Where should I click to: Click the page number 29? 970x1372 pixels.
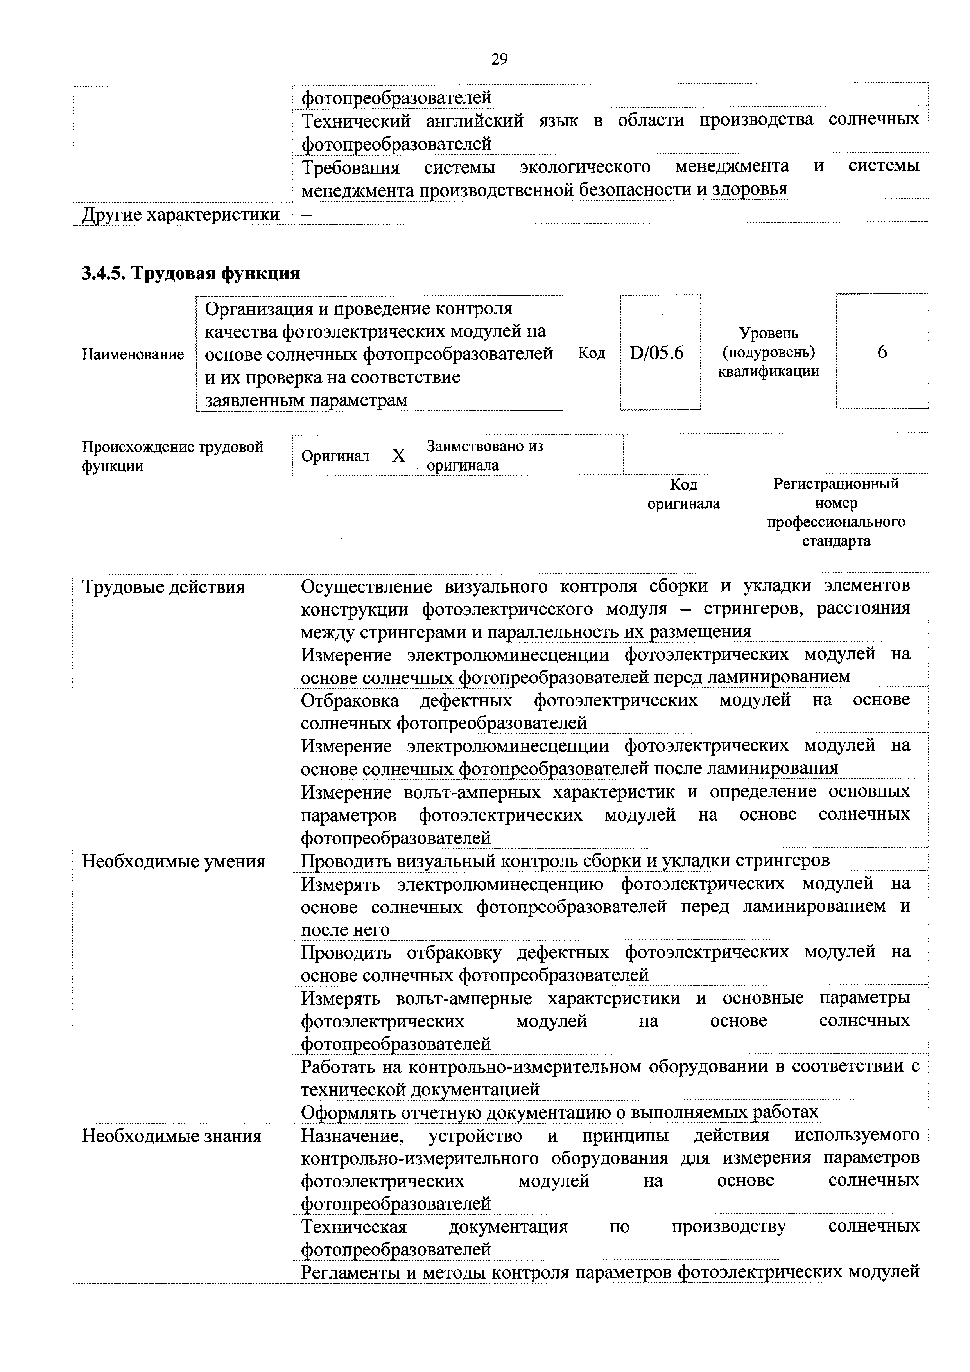499,59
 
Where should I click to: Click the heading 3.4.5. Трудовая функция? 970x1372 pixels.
190,274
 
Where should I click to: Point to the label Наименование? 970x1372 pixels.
133,354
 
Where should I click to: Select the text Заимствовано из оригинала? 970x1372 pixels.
485,455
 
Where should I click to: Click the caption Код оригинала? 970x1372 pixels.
684,494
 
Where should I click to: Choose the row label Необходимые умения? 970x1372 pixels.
173,861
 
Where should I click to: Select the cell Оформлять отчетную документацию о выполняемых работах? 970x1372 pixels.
559,1112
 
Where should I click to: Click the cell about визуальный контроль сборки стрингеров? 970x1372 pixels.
565,860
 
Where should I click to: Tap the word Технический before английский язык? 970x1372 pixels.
356,121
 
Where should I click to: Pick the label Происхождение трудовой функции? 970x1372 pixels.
172,456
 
